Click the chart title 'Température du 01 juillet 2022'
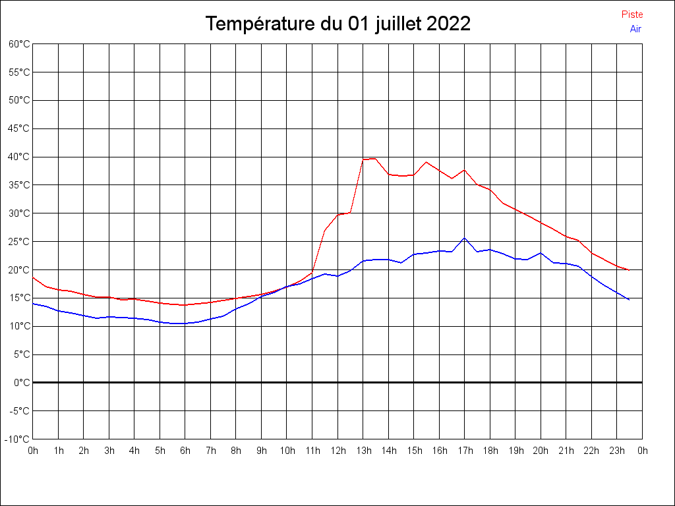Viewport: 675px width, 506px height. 337,24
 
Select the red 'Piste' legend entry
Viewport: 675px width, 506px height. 632,14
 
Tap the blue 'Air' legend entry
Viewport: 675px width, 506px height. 635,29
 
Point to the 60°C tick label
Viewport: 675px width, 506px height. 19,44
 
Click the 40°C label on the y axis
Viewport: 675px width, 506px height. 19,157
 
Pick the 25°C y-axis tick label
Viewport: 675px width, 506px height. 19,242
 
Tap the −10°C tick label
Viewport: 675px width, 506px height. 18,439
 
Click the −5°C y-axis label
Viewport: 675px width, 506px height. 19,411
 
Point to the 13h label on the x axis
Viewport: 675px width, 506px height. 363,451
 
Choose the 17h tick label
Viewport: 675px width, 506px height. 465,451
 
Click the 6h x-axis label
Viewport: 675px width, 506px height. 185,451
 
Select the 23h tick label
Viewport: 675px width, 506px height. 617,451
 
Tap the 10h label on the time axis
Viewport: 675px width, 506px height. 287,451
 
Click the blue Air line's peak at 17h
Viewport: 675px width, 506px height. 464,238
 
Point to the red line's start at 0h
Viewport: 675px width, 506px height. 33,277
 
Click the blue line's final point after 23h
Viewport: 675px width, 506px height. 630,300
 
